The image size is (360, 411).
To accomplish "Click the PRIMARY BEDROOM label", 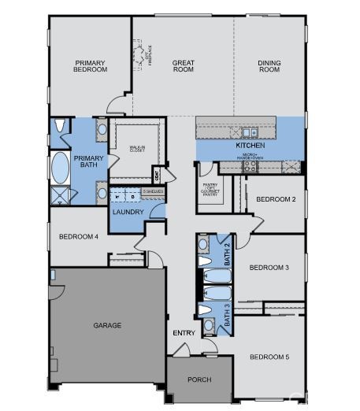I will click(x=91, y=66).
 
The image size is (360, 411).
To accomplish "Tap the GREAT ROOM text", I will click(x=184, y=66).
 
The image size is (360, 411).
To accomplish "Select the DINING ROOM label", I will click(x=269, y=66).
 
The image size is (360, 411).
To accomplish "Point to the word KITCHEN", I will click(x=250, y=146).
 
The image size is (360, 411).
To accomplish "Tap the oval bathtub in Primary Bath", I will click(x=60, y=168).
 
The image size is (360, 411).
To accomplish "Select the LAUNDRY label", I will click(x=127, y=212).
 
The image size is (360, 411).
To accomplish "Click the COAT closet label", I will click(x=157, y=175).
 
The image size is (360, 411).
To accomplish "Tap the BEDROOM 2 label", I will click(x=276, y=199).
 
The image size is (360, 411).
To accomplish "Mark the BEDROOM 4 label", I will click(x=78, y=237).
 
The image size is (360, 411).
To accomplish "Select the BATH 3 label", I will click(x=227, y=314).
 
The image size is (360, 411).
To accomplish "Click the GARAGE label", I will click(x=107, y=325).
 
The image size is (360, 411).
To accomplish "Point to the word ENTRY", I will click(x=184, y=333).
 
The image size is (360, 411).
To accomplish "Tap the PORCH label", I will click(x=199, y=380).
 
